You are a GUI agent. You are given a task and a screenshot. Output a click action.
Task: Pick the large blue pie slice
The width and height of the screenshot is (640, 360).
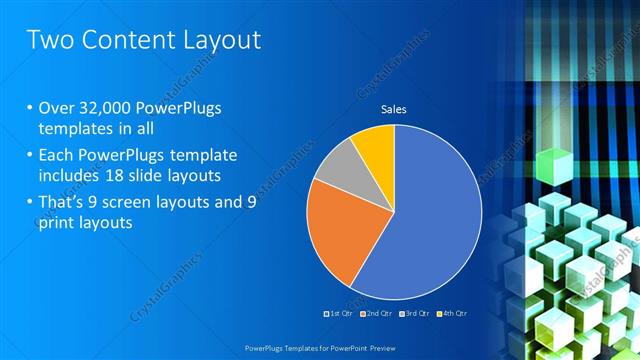[x=430, y=220]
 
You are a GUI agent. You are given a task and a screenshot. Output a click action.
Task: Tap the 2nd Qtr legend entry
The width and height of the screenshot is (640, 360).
[x=375, y=314]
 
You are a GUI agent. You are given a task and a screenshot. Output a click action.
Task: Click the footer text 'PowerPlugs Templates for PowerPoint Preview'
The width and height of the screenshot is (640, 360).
[x=320, y=349]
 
